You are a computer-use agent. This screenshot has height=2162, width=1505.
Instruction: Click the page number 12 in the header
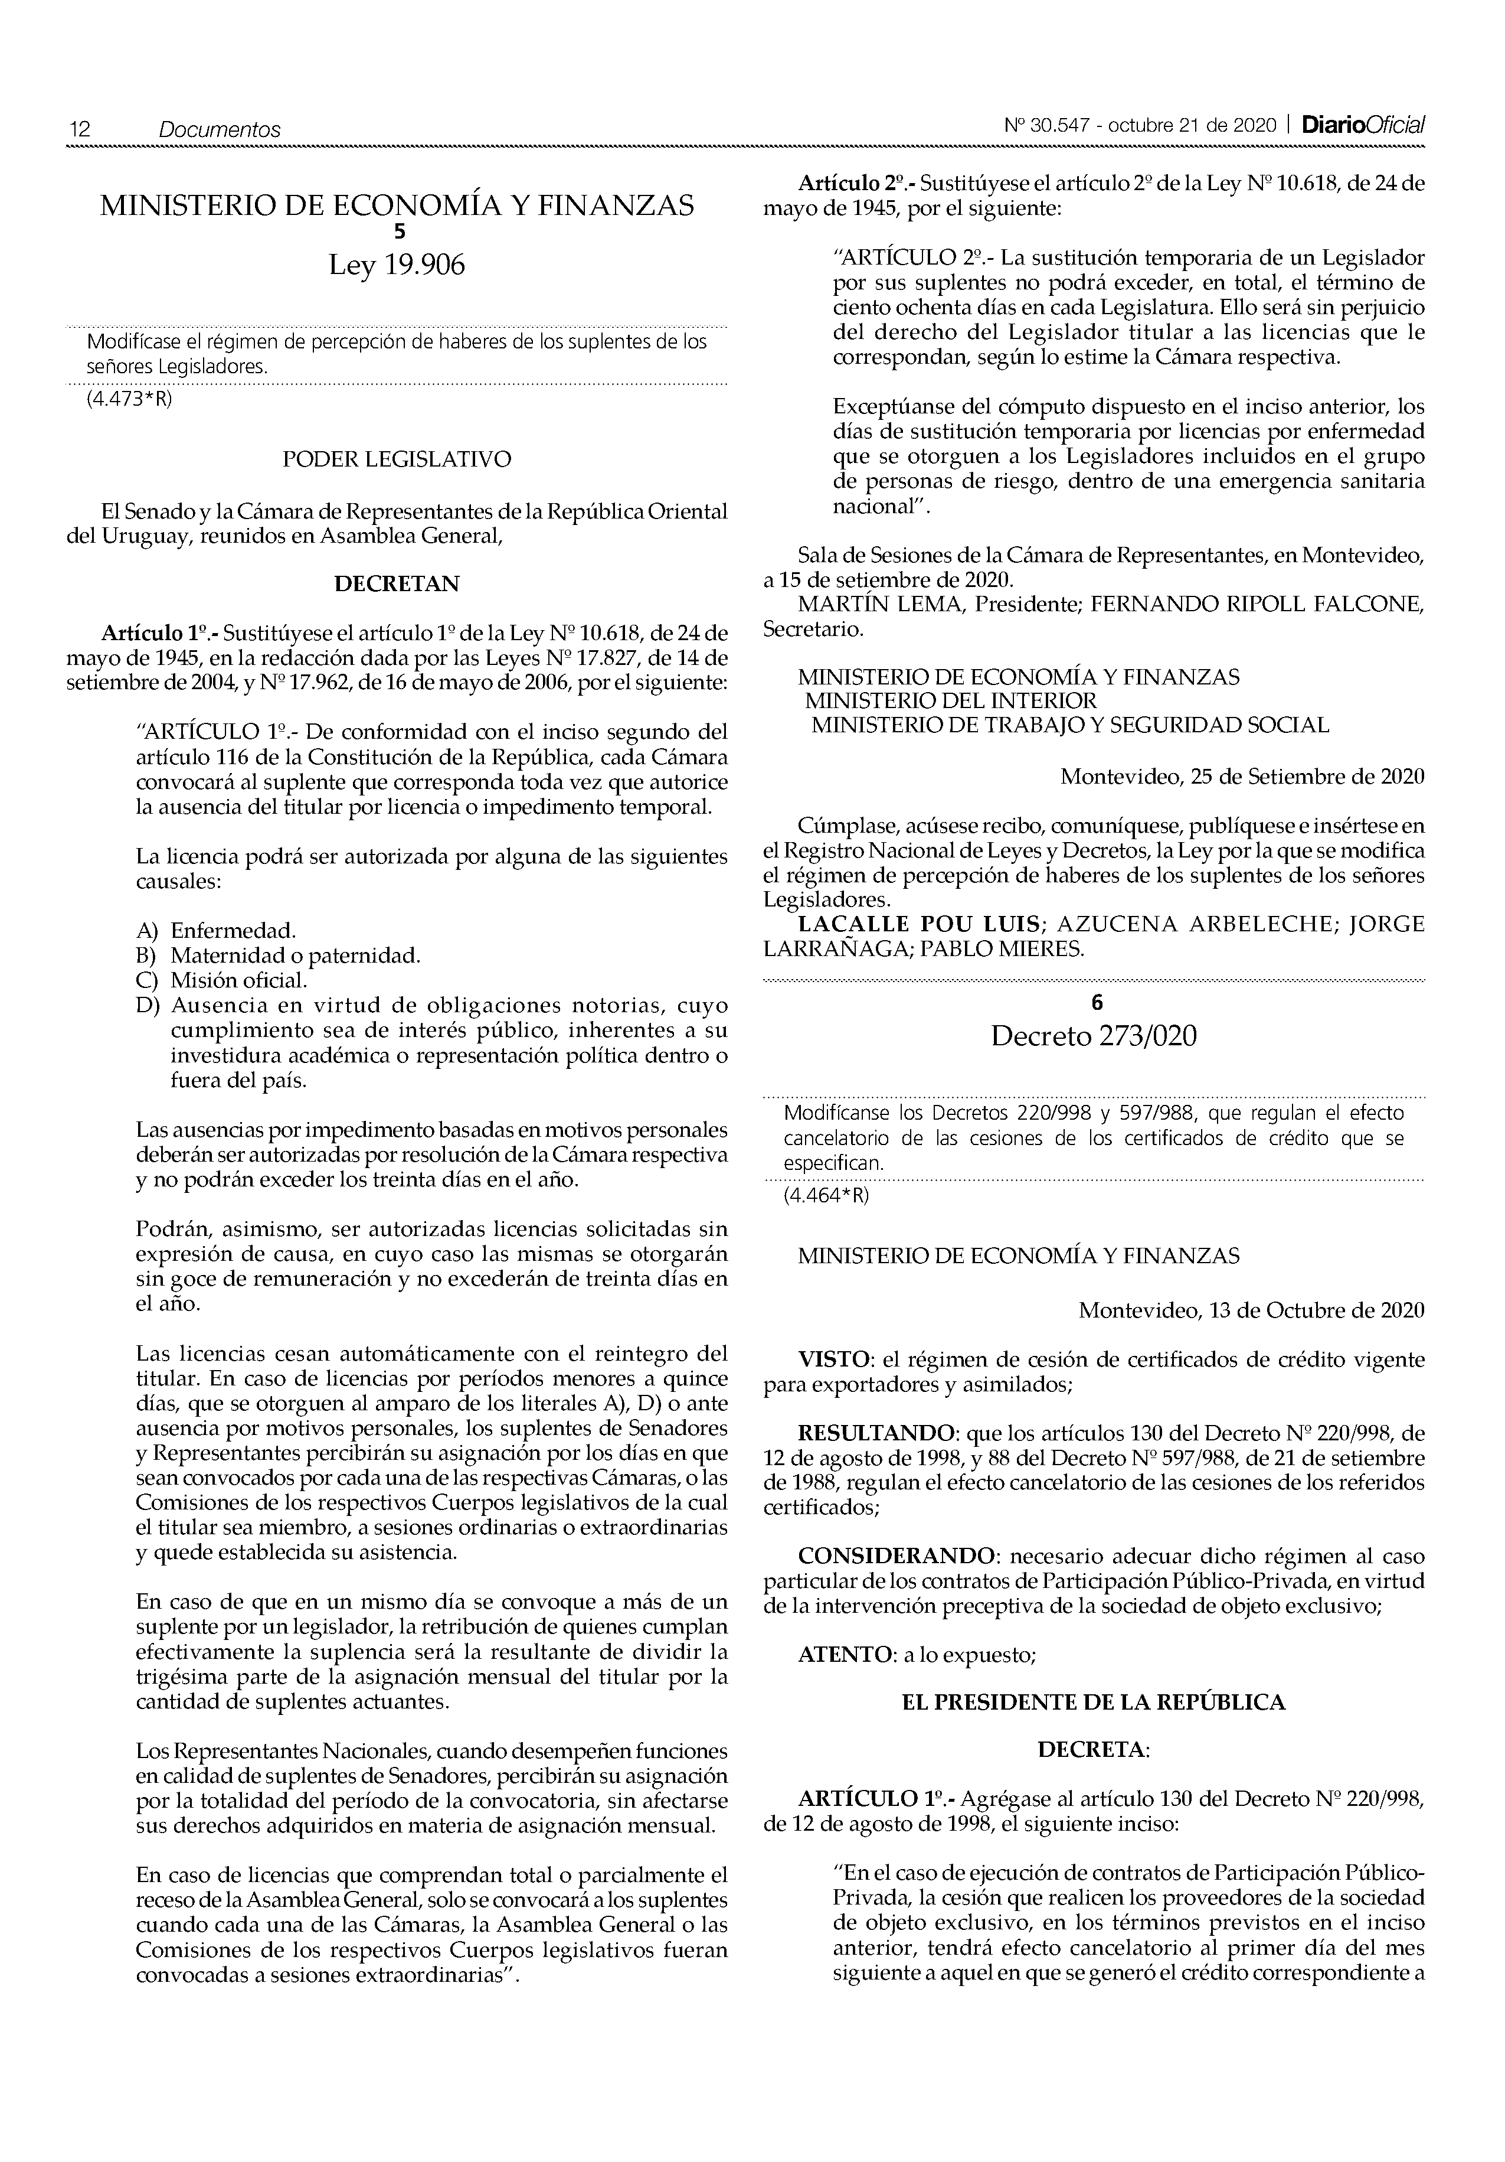point(79,129)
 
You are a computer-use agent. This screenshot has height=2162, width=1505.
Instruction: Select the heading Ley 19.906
point(396,266)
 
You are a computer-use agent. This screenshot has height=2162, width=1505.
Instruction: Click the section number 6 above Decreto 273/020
point(1095,1003)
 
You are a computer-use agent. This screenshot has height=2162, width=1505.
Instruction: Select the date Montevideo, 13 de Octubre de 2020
point(1251,1310)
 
